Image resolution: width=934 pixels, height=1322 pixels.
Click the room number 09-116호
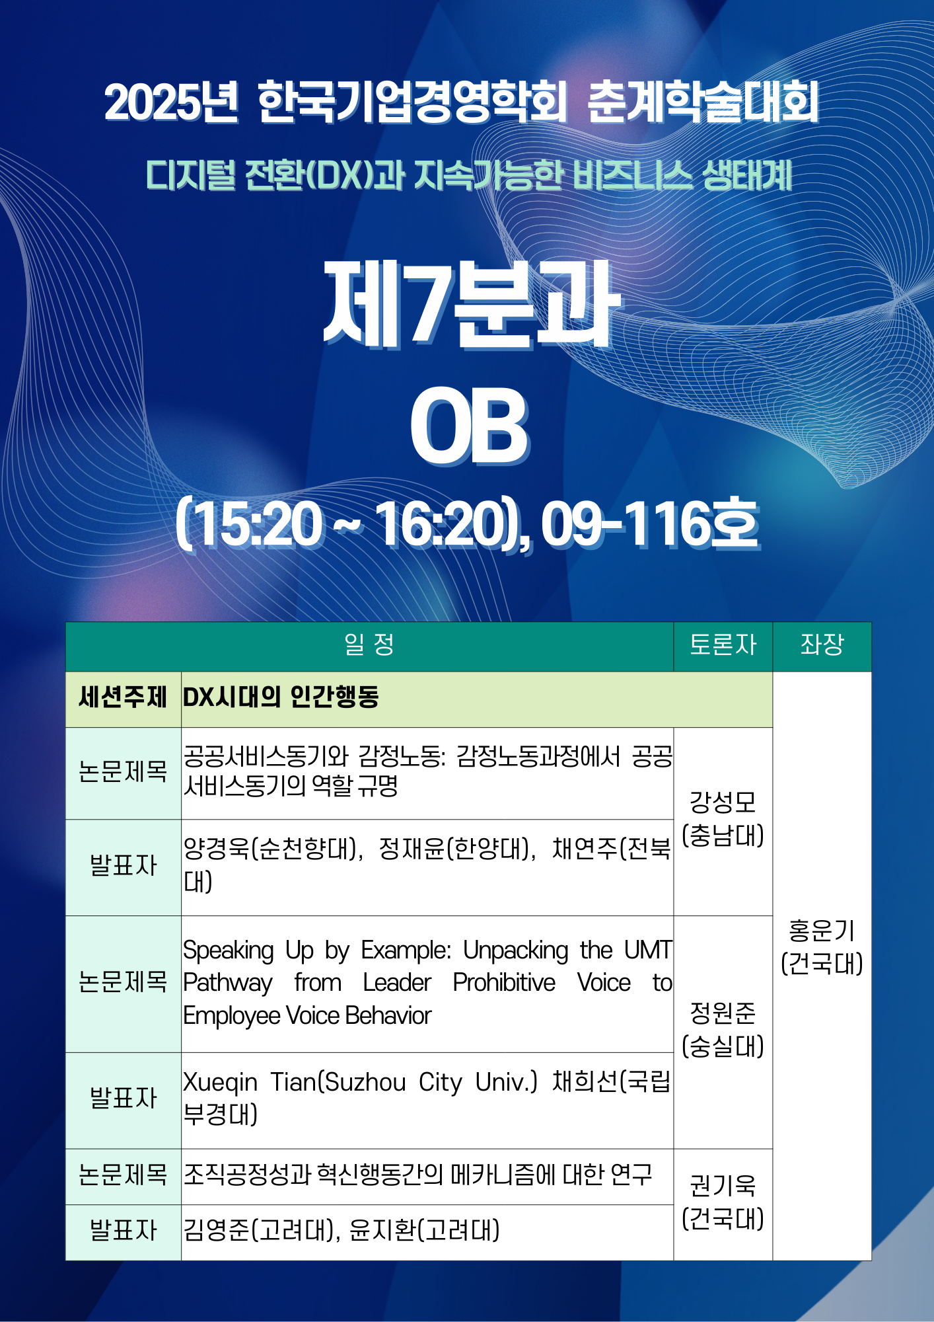pos(650,524)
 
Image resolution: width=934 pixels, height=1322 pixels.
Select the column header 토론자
pos(723,644)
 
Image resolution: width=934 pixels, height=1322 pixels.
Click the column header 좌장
pos(822,644)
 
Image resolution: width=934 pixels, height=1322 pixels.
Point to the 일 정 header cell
pos(369,644)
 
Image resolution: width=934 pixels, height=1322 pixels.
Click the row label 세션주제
pos(123,697)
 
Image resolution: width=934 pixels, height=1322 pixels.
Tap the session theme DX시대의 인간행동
pos(281,697)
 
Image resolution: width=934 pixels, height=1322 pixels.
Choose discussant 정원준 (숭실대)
pos(723,1030)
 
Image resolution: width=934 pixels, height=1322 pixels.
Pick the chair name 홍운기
pos(822,931)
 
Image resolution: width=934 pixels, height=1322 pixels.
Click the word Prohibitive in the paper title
pos(504,983)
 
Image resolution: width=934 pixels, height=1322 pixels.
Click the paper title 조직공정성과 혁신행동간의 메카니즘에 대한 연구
pos(417,1175)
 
